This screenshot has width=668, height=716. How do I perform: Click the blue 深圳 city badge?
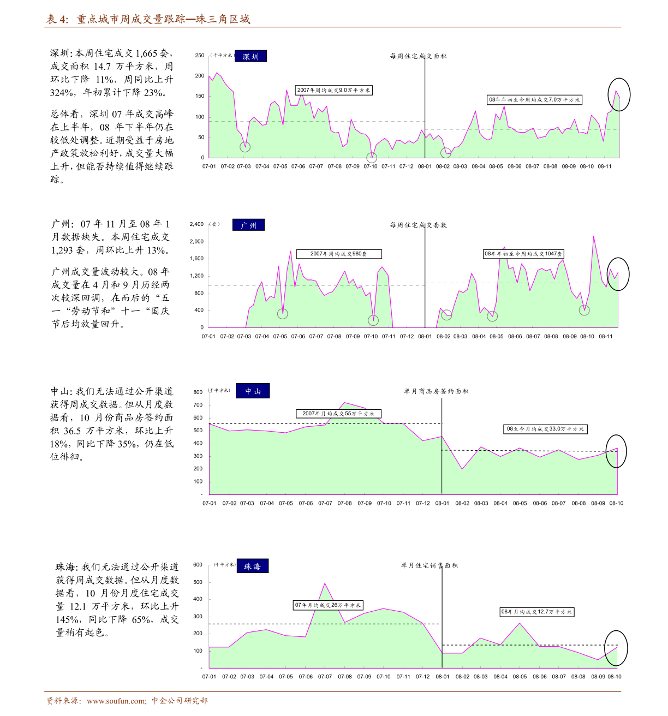(x=250, y=56)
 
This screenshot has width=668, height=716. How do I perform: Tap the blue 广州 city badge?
(x=248, y=225)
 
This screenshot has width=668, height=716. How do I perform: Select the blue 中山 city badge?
(x=253, y=391)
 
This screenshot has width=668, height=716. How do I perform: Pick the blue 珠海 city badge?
(x=252, y=566)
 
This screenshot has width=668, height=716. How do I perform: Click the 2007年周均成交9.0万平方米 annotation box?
(x=333, y=90)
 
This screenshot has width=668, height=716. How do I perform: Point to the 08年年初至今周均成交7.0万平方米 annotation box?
(x=534, y=100)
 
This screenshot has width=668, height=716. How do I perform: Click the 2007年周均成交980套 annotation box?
(x=339, y=254)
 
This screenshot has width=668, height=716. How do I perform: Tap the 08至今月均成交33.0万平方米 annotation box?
(x=545, y=429)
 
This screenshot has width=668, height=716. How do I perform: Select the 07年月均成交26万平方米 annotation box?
(x=328, y=605)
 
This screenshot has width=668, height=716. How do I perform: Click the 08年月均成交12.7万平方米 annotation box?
(x=536, y=612)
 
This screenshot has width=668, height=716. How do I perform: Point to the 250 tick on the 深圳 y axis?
(x=199, y=56)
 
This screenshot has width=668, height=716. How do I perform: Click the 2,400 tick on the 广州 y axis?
(x=196, y=224)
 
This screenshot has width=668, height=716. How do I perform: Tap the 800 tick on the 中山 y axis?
(x=198, y=392)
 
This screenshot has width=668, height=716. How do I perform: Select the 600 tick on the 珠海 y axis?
(x=198, y=565)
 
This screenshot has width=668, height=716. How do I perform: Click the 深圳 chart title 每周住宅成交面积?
(x=418, y=56)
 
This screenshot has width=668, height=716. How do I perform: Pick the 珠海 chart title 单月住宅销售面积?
(x=430, y=565)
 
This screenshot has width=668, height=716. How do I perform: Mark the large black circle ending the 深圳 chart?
(x=619, y=79)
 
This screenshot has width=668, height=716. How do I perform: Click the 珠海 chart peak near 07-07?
(x=325, y=583)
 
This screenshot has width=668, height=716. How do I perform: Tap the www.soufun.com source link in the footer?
(x=116, y=701)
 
